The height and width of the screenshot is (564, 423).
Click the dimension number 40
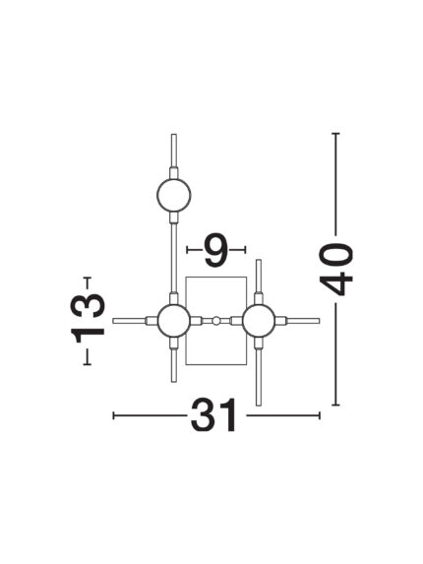[x=336, y=270]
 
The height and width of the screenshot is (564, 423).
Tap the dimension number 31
[x=214, y=415]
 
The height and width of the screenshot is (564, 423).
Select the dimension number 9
[x=215, y=250]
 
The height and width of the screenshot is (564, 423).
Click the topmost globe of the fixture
[x=173, y=195]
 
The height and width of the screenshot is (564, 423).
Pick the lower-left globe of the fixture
[x=173, y=321]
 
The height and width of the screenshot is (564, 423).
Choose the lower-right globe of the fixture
[x=259, y=321]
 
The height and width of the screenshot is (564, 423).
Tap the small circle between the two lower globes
[x=215, y=321]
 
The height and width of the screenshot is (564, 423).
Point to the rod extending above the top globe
[x=174, y=150]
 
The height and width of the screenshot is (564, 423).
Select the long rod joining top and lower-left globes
[x=173, y=258]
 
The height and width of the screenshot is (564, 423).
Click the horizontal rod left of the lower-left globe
[x=129, y=321]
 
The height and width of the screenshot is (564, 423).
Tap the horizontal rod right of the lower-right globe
[x=303, y=321]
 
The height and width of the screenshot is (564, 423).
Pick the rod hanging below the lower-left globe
[x=173, y=365]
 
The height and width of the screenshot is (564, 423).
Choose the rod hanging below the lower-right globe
[x=259, y=378]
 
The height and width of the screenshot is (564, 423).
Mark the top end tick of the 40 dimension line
[x=335, y=134]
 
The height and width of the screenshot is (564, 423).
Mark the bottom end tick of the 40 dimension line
[x=335, y=405]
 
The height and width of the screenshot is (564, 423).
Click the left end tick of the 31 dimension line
[x=113, y=415]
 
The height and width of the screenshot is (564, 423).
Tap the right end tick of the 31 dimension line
[x=319, y=415]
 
